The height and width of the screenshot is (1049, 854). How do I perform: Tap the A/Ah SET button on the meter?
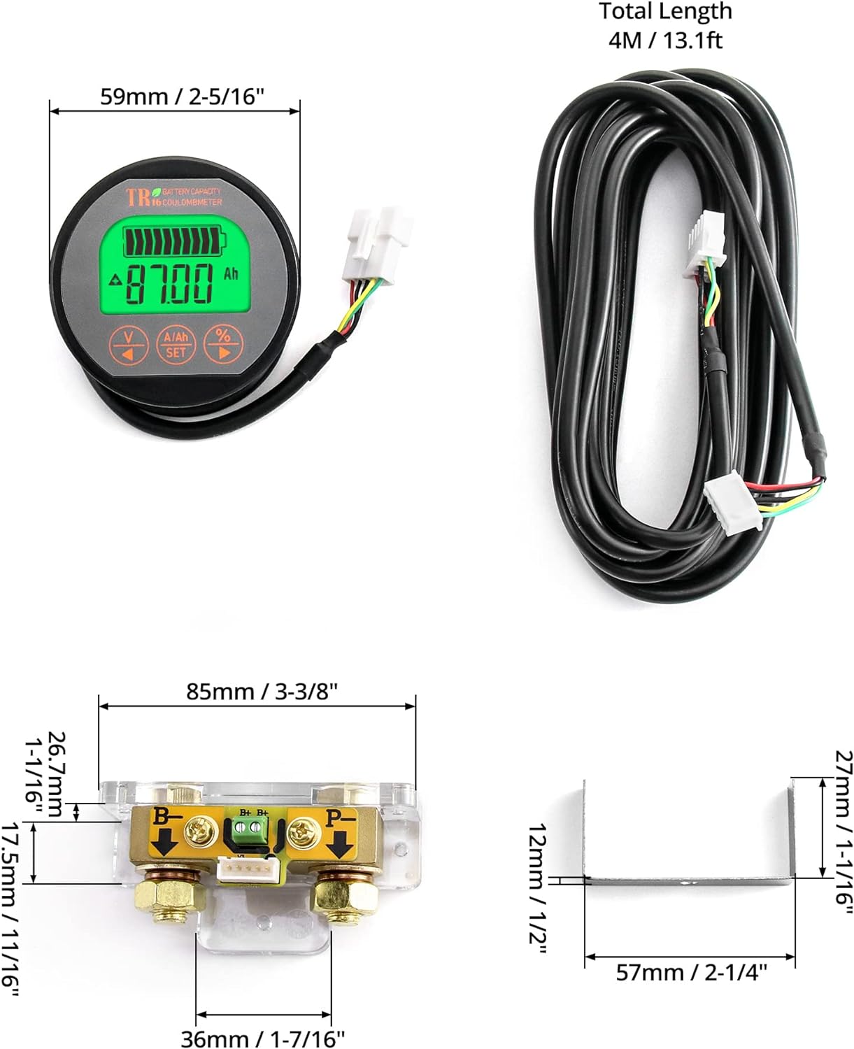[x=176, y=344]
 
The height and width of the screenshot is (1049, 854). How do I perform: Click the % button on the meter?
[x=222, y=343]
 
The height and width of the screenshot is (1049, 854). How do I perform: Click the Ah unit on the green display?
[x=231, y=273]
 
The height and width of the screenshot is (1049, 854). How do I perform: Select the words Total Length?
[x=665, y=12]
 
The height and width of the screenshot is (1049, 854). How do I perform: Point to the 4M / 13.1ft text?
[x=665, y=40]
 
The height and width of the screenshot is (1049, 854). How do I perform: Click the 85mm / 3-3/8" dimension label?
[x=262, y=691]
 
